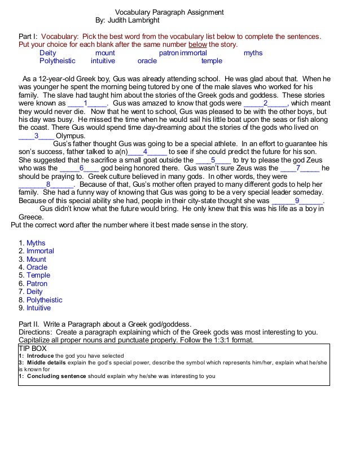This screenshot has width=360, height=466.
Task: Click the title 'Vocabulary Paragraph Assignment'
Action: [169, 12]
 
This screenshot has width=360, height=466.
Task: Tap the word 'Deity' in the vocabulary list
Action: [48, 53]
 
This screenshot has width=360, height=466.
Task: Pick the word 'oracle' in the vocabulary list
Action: [147, 61]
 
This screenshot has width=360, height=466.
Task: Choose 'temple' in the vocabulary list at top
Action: [212, 61]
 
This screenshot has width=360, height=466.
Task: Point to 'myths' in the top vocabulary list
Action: [253, 53]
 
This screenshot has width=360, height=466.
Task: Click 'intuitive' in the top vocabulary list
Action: [103, 61]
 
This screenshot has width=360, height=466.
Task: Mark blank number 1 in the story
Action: [86, 104]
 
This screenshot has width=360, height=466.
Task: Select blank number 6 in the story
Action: [83, 168]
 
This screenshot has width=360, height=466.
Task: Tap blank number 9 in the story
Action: [297, 200]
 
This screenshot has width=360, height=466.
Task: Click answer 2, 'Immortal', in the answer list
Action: [40, 251]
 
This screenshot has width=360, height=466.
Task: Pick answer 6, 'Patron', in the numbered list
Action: [37, 284]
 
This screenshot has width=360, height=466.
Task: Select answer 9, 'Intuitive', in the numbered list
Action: [38, 308]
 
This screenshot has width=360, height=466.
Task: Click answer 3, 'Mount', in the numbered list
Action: [36, 260]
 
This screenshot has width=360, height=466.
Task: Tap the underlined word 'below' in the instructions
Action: [197, 45]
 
